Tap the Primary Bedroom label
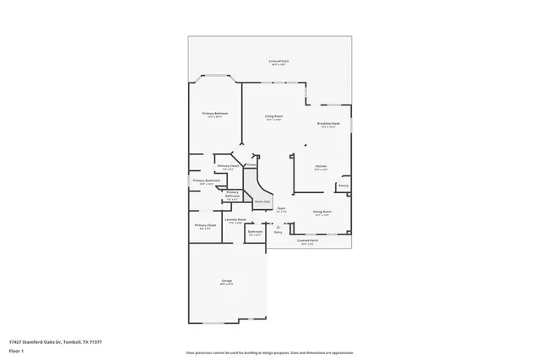214,113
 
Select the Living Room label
274,116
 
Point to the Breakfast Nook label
328,124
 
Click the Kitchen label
321,167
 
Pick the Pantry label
343,185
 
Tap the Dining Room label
321,212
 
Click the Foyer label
282,207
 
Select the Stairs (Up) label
262,201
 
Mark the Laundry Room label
235,219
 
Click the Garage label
227,280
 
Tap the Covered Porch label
308,240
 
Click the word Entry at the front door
278,231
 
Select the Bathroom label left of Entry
256,231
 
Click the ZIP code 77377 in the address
96,342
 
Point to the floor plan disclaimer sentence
270,352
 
